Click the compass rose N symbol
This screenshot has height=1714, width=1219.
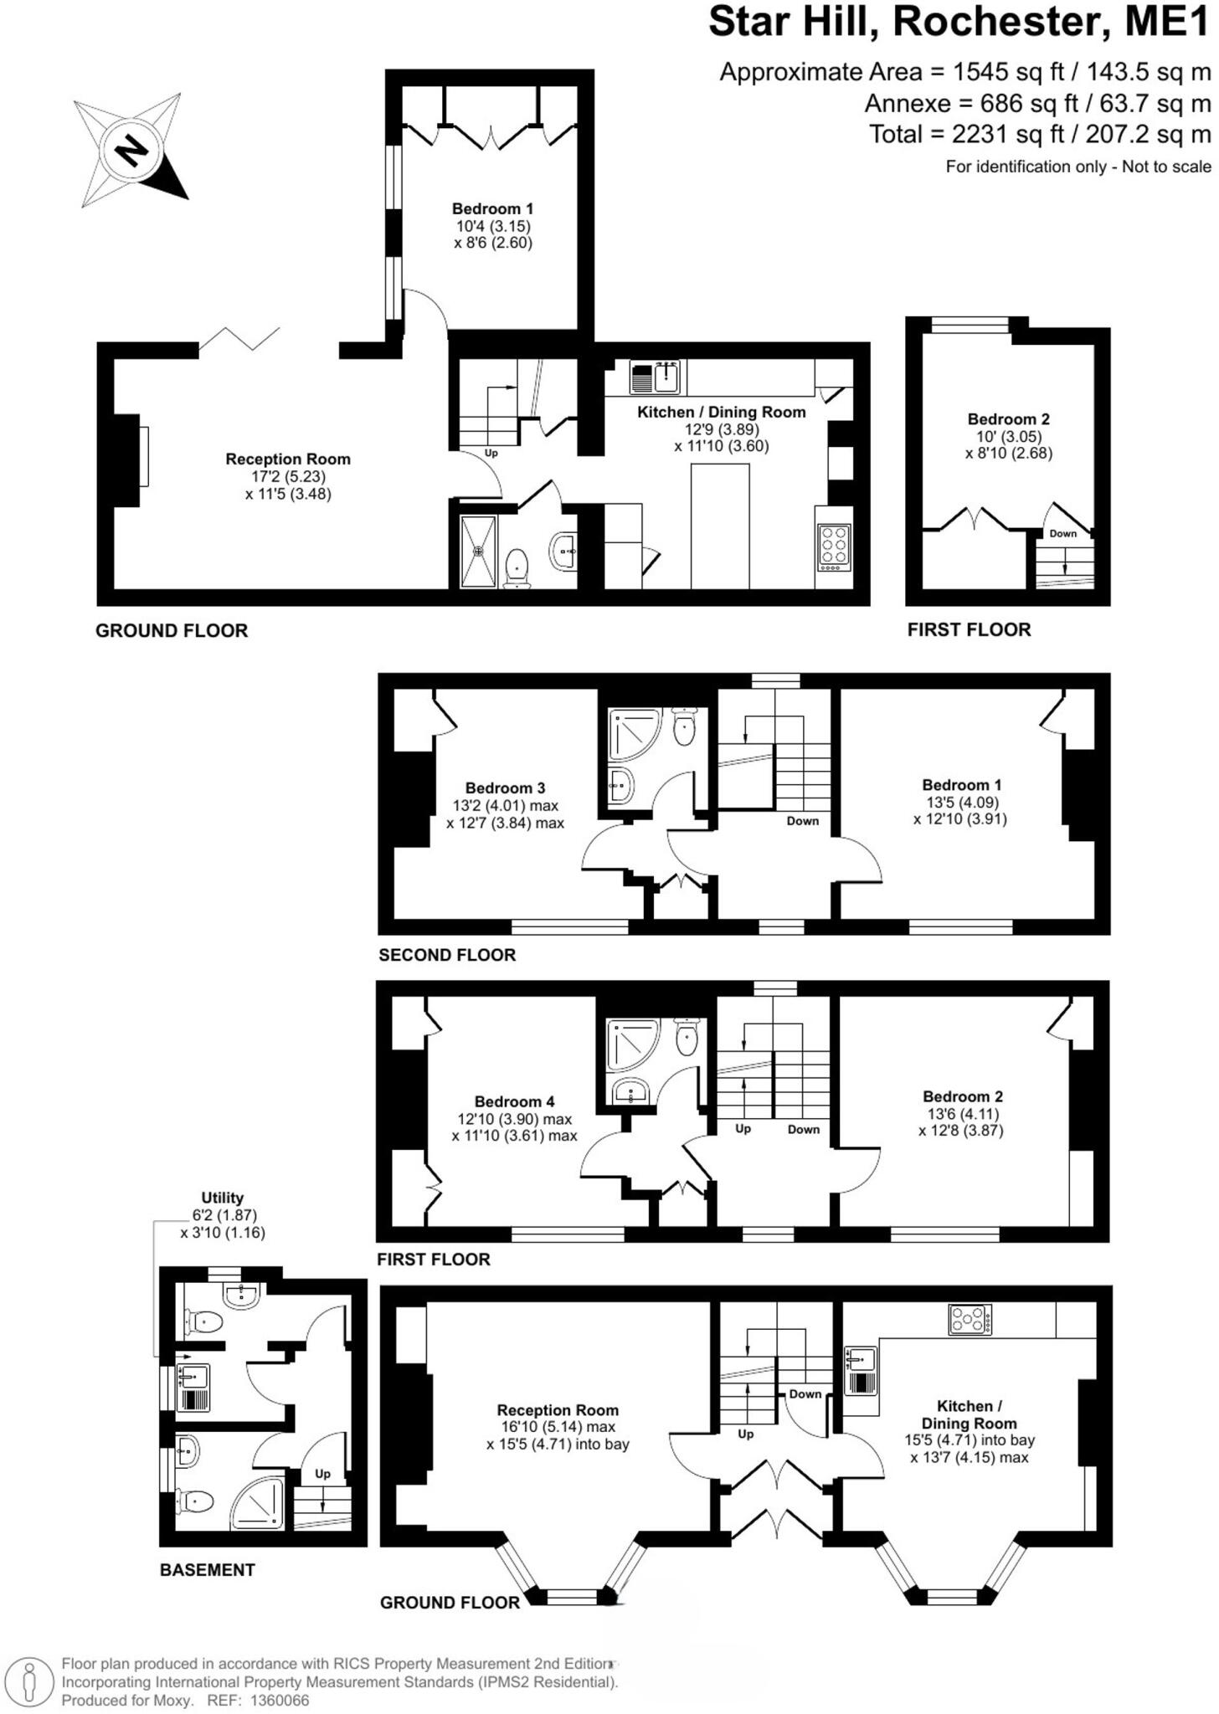(131, 151)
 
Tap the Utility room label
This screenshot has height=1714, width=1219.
(222, 1198)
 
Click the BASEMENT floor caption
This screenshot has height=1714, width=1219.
(207, 1570)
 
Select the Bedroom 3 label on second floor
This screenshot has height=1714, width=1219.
(505, 788)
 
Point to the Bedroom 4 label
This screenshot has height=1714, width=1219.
(514, 1101)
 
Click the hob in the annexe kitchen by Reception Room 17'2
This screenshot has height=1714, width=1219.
(834, 547)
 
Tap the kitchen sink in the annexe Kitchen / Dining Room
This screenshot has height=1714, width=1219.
(656, 377)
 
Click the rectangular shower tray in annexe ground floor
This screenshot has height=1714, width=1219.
(479, 552)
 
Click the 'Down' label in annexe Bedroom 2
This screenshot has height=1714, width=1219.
(1062, 533)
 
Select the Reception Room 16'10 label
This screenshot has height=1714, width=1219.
(557, 1410)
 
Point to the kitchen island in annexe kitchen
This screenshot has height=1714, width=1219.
(719, 526)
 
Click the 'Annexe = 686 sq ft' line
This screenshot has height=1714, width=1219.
(1037, 104)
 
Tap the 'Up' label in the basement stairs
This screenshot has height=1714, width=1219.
(322, 1474)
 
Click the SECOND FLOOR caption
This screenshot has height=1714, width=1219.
(447, 955)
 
